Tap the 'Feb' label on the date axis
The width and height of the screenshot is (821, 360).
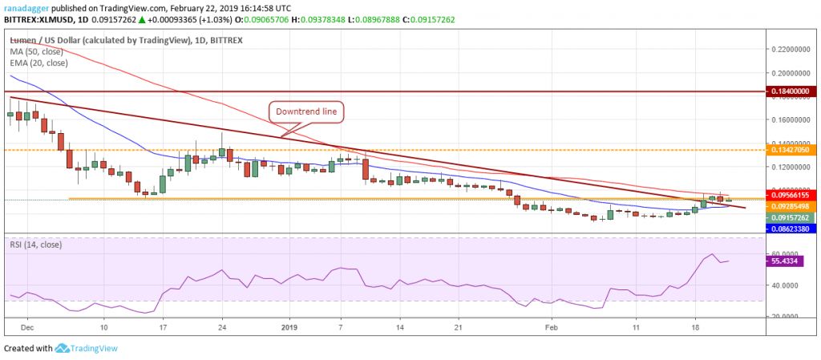(x=550, y=328)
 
